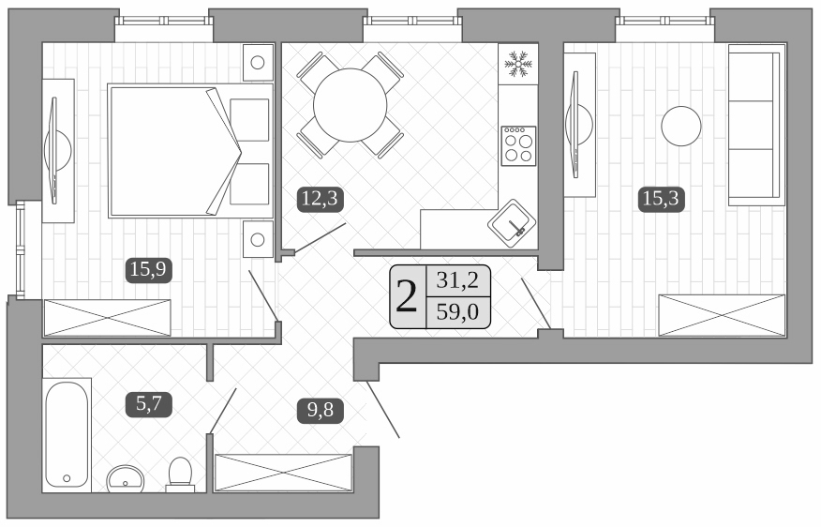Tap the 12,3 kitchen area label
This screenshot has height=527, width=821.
tap(320, 198)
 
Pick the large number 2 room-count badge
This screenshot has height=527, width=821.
tap(408, 297)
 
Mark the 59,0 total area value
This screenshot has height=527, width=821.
tap(457, 313)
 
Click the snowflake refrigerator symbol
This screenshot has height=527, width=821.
tap(516, 64)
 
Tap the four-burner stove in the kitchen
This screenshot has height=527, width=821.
tap(517, 145)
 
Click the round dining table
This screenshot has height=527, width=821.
tap(350, 104)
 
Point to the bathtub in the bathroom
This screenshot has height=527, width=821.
tap(67, 433)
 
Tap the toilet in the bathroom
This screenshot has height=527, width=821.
tap(179, 474)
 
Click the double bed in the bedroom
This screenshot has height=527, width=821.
tap(190, 150)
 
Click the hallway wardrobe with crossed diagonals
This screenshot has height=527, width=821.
tap(282, 473)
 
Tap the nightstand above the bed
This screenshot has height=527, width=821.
tap(257, 63)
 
